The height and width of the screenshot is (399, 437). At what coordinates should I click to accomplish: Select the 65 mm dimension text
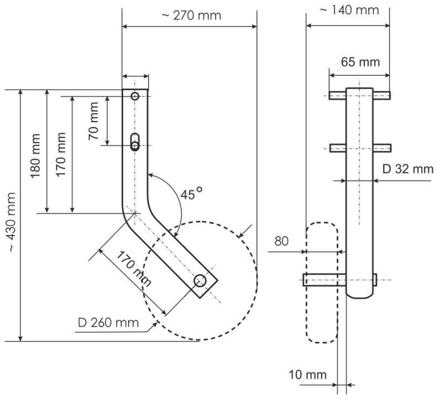pos(360,62)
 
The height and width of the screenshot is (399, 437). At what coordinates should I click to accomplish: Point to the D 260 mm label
pos(108,321)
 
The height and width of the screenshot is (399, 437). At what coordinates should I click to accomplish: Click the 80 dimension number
pos(281,241)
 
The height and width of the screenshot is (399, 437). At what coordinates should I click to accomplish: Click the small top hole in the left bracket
pos(135,96)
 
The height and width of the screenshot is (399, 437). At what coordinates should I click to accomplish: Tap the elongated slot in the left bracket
pos(135,141)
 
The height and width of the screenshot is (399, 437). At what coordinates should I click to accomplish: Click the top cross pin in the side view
pos(360,95)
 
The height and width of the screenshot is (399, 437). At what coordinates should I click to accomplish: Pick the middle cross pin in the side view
pos(360,147)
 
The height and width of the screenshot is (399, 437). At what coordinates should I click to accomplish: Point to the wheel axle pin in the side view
pos(325,280)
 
